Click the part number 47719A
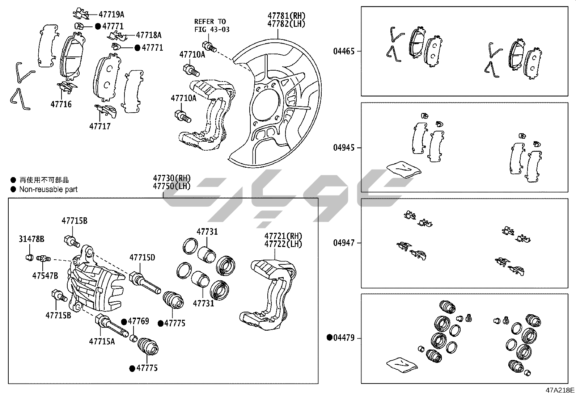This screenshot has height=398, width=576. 111,14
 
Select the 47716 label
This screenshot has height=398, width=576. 61,105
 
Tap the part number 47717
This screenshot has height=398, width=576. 100,126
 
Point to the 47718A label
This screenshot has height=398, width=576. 149,35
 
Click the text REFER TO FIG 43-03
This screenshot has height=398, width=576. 212,25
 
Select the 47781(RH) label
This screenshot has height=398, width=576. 286,16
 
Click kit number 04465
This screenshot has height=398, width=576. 344,51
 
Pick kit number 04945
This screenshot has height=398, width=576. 344,148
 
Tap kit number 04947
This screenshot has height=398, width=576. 344,243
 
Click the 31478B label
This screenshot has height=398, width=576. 31,239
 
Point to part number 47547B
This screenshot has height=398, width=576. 45,276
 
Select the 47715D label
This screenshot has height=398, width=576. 142,257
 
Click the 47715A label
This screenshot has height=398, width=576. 102,341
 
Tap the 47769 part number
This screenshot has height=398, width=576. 138,321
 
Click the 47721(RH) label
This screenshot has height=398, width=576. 283,236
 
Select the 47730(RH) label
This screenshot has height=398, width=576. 171,179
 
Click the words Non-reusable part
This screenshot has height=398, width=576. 48,189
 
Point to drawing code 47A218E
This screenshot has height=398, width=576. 560,390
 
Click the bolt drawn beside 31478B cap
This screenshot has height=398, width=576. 44,259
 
